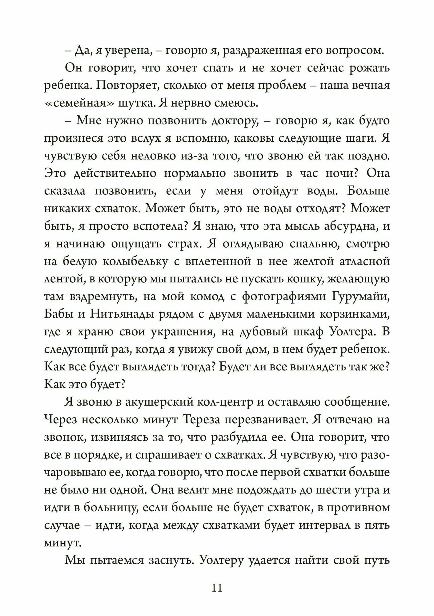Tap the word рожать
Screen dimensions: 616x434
369,68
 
